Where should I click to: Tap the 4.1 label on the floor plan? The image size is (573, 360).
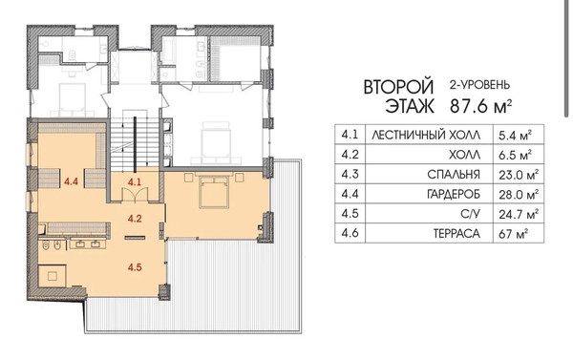[135, 180]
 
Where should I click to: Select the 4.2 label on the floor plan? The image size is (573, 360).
[135, 218]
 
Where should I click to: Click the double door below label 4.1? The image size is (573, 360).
[135, 195]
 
